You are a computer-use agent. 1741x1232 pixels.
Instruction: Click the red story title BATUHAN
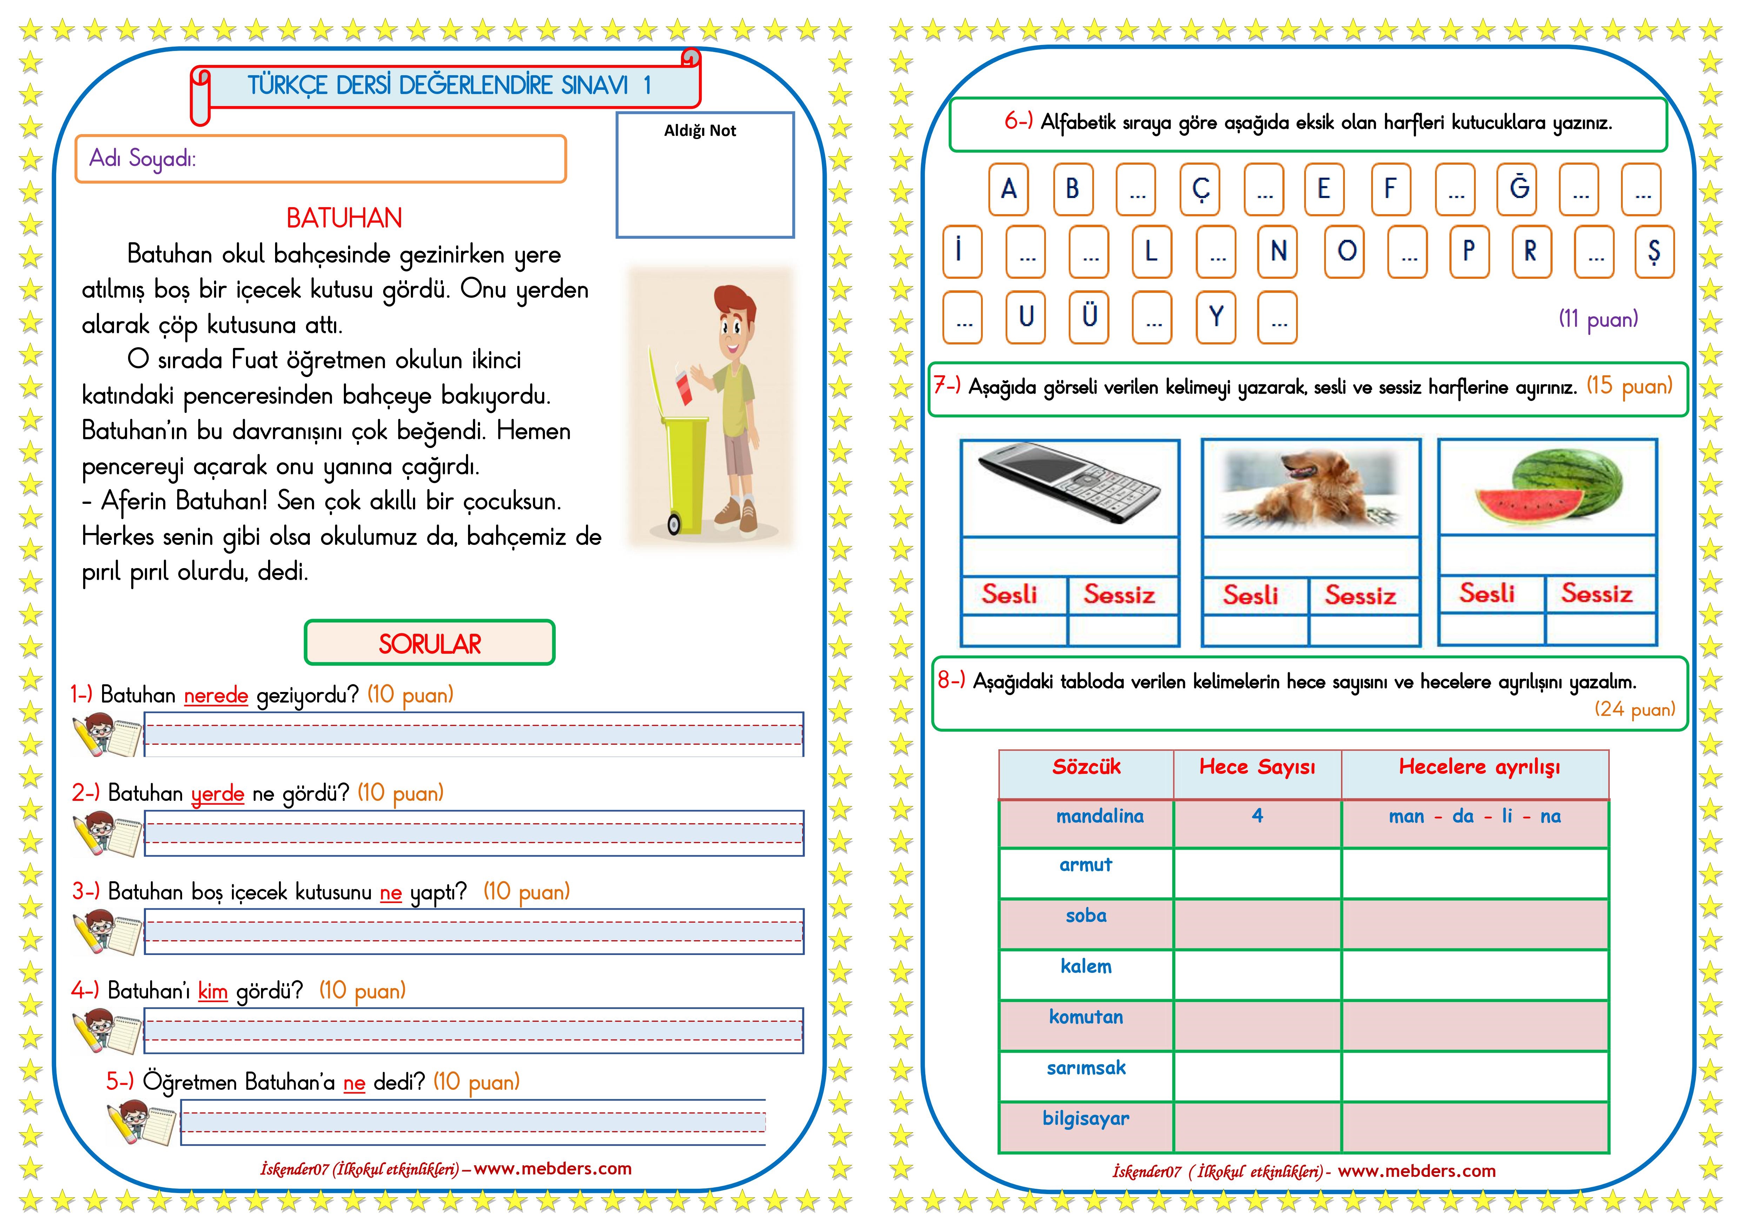click(344, 218)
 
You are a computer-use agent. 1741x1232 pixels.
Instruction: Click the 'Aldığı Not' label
click(700, 131)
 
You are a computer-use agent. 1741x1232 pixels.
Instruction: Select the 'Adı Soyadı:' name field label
click(142, 159)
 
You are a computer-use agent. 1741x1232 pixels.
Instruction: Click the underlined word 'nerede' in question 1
click(216, 695)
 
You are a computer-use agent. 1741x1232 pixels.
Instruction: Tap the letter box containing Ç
click(1200, 189)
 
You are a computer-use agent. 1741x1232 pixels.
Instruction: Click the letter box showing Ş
click(1654, 251)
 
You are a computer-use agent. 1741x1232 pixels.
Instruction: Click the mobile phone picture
click(1069, 486)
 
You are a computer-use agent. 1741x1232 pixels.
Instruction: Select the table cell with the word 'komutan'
click(1086, 1017)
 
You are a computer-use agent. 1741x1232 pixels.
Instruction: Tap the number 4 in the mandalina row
click(1257, 816)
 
